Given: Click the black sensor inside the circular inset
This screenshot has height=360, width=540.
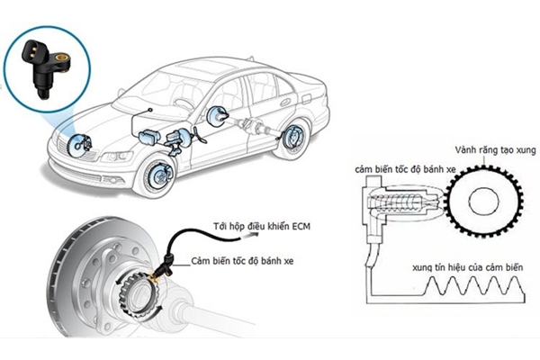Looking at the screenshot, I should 45,66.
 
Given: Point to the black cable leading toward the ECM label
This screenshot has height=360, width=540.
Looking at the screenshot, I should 184,236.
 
